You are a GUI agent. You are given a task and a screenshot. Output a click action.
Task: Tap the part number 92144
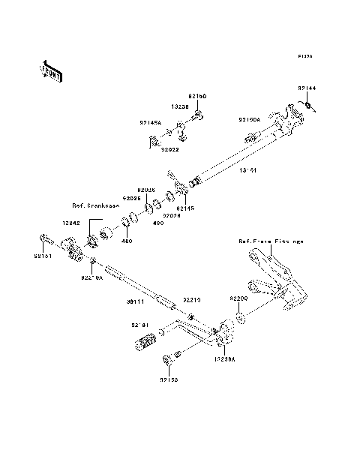(307, 88)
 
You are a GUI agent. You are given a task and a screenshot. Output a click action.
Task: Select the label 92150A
(250, 120)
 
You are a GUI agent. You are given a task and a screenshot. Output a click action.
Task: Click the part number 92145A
(149, 122)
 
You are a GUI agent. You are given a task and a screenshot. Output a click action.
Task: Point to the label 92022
(169, 150)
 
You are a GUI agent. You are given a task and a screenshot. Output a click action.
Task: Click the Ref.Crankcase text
(95, 205)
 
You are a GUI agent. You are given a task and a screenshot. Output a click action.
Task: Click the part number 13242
(72, 223)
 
